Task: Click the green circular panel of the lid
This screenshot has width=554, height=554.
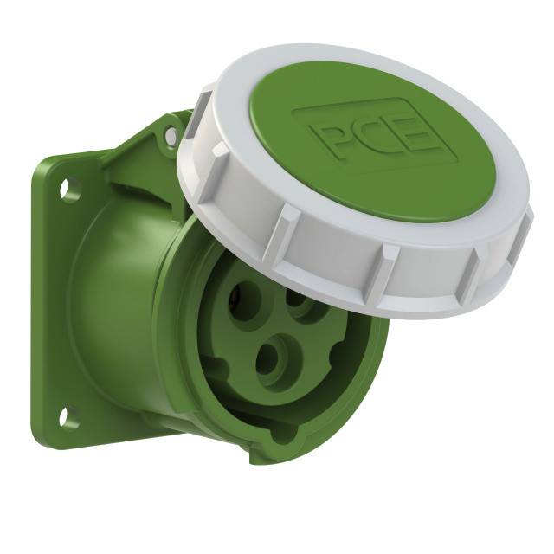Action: tap(373, 140)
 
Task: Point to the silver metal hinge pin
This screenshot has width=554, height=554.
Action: tap(171, 135)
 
